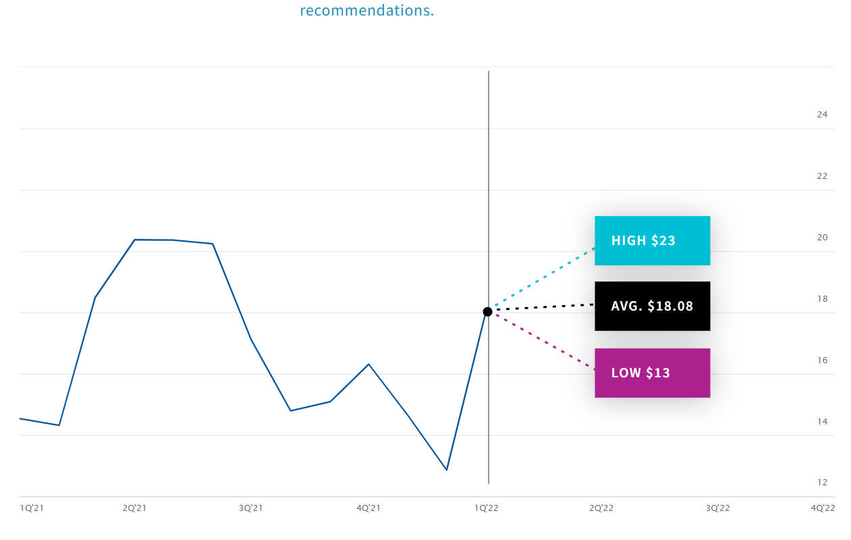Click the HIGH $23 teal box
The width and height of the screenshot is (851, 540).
(x=652, y=240)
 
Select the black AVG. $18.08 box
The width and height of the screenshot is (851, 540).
(x=652, y=306)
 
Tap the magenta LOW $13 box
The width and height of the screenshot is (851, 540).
(x=652, y=373)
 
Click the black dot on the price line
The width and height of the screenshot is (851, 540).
(x=487, y=311)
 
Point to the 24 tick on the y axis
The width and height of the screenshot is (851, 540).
(x=822, y=115)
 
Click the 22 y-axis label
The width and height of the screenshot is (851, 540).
(x=822, y=176)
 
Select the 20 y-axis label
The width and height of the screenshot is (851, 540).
(x=822, y=238)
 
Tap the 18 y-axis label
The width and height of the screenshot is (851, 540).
(x=822, y=299)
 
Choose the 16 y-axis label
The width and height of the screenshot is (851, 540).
(x=822, y=360)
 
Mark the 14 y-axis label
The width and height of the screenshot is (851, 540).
(x=822, y=422)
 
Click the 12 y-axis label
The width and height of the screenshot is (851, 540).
(x=822, y=483)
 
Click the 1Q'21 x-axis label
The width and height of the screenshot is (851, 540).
(x=32, y=508)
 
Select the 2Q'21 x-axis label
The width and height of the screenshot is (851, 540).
(x=134, y=508)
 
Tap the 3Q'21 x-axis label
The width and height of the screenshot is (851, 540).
(x=250, y=508)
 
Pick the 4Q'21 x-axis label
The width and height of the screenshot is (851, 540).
(x=368, y=508)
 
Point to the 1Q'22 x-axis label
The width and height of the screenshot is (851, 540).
(x=487, y=508)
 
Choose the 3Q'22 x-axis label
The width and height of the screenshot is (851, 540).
(x=717, y=508)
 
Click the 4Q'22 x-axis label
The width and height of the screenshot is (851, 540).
(x=823, y=508)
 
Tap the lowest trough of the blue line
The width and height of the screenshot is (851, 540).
(x=447, y=470)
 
